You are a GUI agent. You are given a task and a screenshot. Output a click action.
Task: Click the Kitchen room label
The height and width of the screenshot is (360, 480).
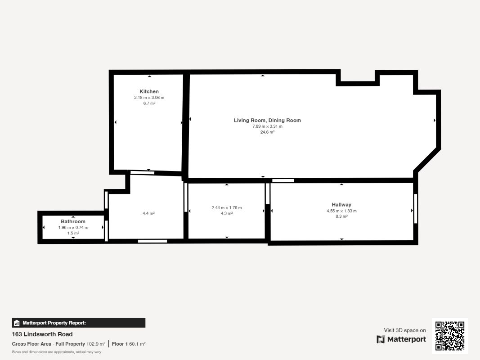[149, 91]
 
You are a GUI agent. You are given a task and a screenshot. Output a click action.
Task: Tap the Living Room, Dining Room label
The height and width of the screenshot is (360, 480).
[267, 120]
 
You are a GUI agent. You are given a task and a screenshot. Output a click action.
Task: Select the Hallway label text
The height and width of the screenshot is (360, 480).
[341, 205]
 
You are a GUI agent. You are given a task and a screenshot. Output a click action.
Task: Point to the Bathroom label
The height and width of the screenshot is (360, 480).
[73, 221]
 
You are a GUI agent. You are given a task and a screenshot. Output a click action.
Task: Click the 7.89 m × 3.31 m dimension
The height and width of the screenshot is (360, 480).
[267, 126]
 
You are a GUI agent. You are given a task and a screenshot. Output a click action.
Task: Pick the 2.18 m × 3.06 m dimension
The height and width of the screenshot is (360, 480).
[149, 98]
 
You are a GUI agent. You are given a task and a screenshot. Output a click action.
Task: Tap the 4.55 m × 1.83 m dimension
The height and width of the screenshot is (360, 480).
[341, 211]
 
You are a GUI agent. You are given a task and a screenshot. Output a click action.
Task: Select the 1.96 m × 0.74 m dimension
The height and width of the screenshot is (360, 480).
[73, 227]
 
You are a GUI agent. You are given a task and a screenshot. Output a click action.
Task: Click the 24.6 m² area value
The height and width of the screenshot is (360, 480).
[267, 132]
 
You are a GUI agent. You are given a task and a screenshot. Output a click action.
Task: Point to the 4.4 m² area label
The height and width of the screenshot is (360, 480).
[148, 213]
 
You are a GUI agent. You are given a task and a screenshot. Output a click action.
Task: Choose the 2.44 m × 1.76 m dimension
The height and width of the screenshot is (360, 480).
[227, 207]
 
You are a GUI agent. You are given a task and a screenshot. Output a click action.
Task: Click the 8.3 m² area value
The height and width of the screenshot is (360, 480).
[341, 216]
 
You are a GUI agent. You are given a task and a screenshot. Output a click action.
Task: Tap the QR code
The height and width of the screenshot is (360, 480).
[450, 336]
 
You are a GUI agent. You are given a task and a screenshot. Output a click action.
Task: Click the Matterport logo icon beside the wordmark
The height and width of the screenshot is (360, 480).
[381, 339]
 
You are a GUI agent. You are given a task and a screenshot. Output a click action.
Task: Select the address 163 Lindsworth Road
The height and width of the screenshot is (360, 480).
[42, 334]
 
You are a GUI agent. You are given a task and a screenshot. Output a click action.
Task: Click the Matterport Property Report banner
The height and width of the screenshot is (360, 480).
[79, 323]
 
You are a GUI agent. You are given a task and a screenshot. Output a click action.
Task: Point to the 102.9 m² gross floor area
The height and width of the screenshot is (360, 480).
[96, 344]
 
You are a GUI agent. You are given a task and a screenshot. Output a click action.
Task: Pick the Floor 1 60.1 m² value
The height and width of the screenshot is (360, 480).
[129, 344]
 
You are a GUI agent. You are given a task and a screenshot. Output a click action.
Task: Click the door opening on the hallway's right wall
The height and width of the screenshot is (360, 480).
[415, 208]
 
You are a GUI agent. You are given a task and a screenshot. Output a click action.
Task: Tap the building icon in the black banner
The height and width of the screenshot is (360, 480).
[17, 323]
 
